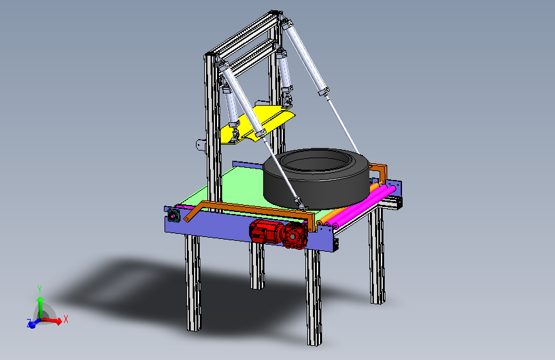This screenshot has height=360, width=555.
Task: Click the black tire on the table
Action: click(x=316, y=192)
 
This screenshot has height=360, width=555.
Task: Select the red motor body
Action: click(x=266, y=231)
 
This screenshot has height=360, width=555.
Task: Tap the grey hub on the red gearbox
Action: click(x=293, y=236)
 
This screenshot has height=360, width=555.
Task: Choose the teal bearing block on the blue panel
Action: click(x=173, y=215)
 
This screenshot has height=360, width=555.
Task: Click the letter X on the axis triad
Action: click(x=65, y=319)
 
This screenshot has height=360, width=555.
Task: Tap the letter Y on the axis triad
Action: click(x=40, y=289)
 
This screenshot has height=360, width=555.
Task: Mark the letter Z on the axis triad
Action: click(x=29, y=322)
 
